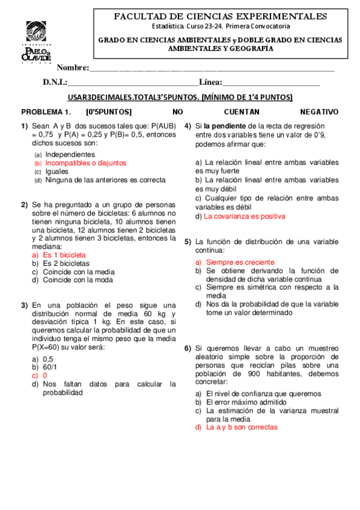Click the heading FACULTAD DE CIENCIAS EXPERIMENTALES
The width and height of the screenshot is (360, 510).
[221, 16]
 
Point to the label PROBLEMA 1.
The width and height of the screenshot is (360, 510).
[46, 112]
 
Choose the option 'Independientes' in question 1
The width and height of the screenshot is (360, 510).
[70, 154]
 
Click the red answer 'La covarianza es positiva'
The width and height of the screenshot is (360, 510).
[245, 216]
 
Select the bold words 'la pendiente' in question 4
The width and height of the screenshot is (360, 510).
[225, 126]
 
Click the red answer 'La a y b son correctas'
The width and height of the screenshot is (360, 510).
[242, 427]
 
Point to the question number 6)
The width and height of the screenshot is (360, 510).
[188, 348]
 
